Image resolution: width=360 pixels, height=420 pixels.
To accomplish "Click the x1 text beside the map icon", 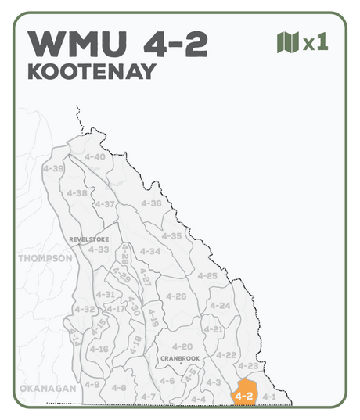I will coord(315,42).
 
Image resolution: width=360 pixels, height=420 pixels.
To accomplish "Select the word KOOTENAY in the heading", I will coord(91,71).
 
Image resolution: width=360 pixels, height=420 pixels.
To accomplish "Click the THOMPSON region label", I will coord(45,257).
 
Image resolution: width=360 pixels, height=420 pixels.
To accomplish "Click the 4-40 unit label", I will coord(94,156).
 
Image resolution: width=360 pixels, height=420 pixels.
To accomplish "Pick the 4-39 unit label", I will coord(53,168).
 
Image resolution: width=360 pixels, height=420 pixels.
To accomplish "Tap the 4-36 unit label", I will coord(151,203).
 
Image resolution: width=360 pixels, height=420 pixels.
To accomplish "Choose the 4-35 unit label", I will coord(171,235).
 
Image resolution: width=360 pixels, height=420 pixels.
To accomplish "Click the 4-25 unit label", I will coord(207,275).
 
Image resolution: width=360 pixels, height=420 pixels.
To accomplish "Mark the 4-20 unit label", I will coord(182,346).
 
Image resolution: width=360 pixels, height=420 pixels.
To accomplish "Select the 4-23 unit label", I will coord(247,366).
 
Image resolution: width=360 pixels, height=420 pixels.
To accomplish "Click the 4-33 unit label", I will coord(99,249).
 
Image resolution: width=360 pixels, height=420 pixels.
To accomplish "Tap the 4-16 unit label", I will coord(99,348).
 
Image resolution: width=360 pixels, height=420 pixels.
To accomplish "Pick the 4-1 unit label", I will coord(268,397).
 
